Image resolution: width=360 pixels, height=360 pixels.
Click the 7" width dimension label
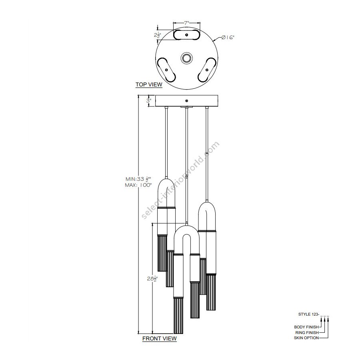(x=186, y=23)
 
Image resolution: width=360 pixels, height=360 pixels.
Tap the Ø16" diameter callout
(x=228, y=37)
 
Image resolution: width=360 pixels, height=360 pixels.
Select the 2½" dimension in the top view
(x=157, y=35)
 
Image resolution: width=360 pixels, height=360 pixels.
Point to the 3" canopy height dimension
(x=149, y=100)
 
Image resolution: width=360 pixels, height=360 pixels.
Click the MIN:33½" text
(x=138, y=179)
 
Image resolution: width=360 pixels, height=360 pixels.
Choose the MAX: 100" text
(x=138, y=185)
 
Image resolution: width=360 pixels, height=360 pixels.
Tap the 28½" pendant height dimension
(x=152, y=279)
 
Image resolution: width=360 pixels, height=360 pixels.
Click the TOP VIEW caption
(x=149, y=84)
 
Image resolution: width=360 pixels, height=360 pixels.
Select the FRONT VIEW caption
(x=160, y=338)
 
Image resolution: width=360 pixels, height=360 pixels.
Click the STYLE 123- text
(x=308, y=314)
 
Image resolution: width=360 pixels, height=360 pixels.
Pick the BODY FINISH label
(x=306, y=327)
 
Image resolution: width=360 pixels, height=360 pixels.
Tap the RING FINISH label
(x=307, y=332)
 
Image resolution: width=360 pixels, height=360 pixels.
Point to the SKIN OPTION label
(x=306, y=338)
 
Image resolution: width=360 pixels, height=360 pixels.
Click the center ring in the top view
(x=186, y=58)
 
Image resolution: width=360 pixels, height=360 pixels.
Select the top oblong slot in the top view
(x=186, y=35)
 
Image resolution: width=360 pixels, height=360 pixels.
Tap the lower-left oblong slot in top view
(x=166, y=70)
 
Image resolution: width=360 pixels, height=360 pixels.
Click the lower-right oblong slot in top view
(x=206, y=70)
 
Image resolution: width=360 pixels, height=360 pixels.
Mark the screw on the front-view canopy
(x=186, y=101)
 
